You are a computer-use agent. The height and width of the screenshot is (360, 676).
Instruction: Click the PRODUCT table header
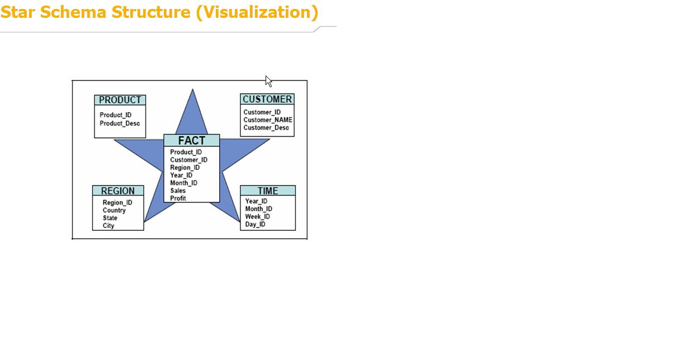pos(120,100)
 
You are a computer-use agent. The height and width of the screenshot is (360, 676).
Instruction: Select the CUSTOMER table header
pos(267,99)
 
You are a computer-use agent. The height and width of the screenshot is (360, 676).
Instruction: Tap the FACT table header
pos(192,140)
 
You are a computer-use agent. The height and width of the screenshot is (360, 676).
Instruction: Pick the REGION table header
pos(118,191)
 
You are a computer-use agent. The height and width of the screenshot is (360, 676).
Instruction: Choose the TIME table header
pos(268,191)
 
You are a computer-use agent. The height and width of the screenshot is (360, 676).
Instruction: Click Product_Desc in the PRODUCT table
pos(120,124)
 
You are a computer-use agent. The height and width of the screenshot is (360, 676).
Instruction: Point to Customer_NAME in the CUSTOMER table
pos(268,120)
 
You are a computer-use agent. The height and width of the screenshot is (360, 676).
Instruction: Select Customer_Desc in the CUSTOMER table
pos(266,127)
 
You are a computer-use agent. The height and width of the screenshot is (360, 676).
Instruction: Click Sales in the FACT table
pos(178,191)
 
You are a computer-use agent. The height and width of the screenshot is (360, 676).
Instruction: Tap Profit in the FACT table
pos(178,198)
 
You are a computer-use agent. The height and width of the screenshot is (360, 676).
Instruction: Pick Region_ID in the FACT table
pos(185,168)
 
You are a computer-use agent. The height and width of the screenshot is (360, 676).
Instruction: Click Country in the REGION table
pos(114,210)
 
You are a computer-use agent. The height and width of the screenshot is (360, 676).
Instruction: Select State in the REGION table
pos(110,218)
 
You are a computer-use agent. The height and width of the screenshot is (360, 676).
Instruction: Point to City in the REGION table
pos(108,226)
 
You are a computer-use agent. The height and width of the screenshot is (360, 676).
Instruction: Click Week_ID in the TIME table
pos(257,217)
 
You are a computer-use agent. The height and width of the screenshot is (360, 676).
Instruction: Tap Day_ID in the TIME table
pos(255,224)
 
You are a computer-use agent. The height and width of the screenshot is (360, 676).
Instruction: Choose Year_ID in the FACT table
pos(181,176)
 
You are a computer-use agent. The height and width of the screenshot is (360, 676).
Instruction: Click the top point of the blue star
pos(192,89)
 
